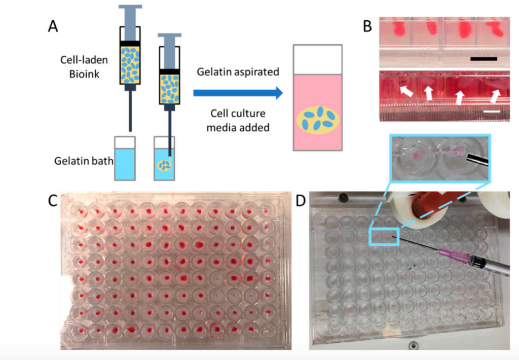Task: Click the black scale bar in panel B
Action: (484, 59)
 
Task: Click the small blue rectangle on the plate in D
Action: (385, 236)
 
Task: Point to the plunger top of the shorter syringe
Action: (169, 35)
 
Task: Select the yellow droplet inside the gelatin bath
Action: (164, 164)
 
